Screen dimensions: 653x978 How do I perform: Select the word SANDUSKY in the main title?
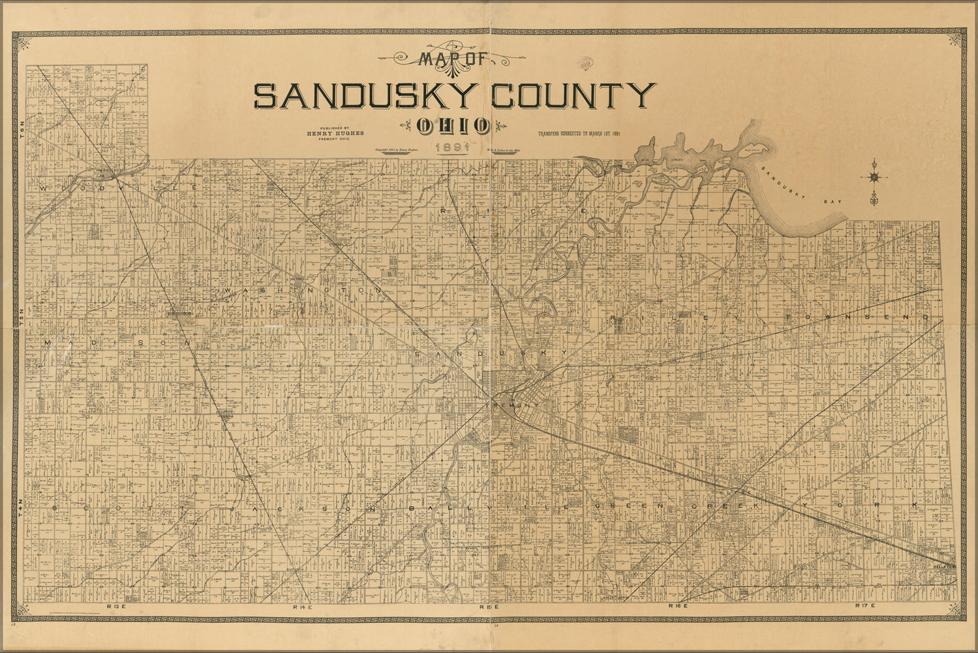tap(363, 96)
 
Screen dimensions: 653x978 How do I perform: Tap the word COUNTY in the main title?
tap(573, 96)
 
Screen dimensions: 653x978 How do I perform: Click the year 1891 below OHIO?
tap(453, 148)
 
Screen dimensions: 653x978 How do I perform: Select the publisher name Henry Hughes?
tap(335, 133)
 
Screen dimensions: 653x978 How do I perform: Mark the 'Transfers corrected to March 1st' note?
tap(579, 135)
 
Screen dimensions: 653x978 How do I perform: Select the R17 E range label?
tap(866, 607)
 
